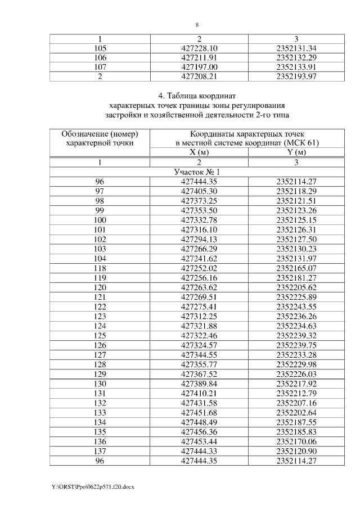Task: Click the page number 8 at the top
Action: (197, 25)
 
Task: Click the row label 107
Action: (100, 66)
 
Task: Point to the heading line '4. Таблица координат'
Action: (197, 96)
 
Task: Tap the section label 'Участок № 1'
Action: (197, 172)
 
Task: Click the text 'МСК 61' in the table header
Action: (303, 143)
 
